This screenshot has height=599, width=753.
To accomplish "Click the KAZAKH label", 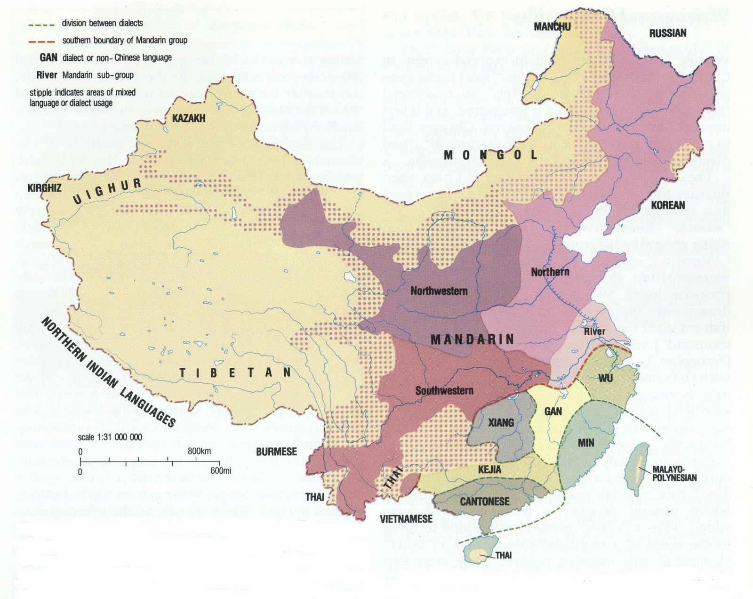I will pyautogui.click(x=189, y=118).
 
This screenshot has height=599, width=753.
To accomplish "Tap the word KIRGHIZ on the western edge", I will pyautogui.click(x=44, y=188).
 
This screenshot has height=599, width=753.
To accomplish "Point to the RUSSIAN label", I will pyautogui.click(x=667, y=33).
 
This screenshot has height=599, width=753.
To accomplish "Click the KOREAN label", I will pyautogui.click(x=667, y=205).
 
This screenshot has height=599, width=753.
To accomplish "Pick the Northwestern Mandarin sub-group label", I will pyautogui.click(x=439, y=291).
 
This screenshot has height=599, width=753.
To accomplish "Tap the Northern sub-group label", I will pyautogui.click(x=550, y=272).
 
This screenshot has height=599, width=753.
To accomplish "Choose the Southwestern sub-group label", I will pyautogui.click(x=444, y=391).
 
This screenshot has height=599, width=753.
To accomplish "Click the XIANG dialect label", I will pyautogui.click(x=501, y=422).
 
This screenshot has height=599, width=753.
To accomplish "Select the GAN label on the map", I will pyautogui.click(x=553, y=412).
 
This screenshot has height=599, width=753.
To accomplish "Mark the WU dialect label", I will pyautogui.click(x=605, y=378).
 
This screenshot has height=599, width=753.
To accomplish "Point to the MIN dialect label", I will pyautogui.click(x=586, y=443).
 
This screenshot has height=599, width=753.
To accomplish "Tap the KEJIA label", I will pyautogui.click(x=489, y=469).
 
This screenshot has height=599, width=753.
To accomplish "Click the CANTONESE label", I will pyautogui.click(x=485, y=502).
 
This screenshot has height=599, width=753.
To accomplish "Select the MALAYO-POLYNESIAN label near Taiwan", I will pyautogui.click(x=674, y=473).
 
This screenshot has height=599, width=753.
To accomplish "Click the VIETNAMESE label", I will pyautogui.click(x=406, y=519).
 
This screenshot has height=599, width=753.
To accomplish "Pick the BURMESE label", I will pyautogui.click(x=276, y=452).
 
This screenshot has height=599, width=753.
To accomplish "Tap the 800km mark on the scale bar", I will pyautogui.click(x=199, y=451).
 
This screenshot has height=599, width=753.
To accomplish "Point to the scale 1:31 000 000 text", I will pyautogui.click(x=110, y=437).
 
